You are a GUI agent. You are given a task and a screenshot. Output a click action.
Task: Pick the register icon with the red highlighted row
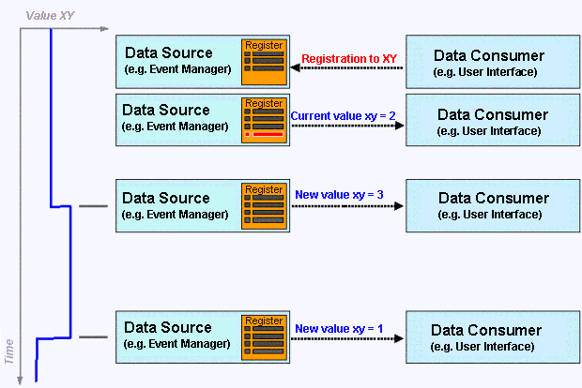click(264, 118)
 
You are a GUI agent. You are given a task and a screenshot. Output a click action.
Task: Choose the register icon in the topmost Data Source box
click(264, 59)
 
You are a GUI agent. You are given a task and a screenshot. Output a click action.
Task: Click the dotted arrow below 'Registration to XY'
click(347, 67)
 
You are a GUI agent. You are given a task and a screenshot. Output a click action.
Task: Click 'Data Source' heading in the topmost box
click(166, 53)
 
